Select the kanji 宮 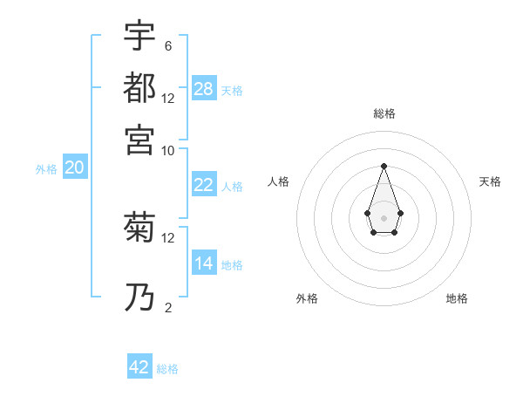pos(139,140)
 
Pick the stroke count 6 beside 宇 pos(168,45)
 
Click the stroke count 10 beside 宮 pos(168,150)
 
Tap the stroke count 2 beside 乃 pos(168,307)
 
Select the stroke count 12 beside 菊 pos(168,237)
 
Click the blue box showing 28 pos(204,89)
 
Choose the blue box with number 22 pos(204,185)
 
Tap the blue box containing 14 pos(204,263)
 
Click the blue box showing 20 pos(74,168)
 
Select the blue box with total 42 pos(139,367)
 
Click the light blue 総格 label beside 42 pos(167,369)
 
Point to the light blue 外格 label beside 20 pos(46,169)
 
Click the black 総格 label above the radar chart pos(384,113)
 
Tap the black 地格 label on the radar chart pos(457,298)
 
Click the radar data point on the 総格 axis pos(384,166)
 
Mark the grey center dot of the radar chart pos(384,217)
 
